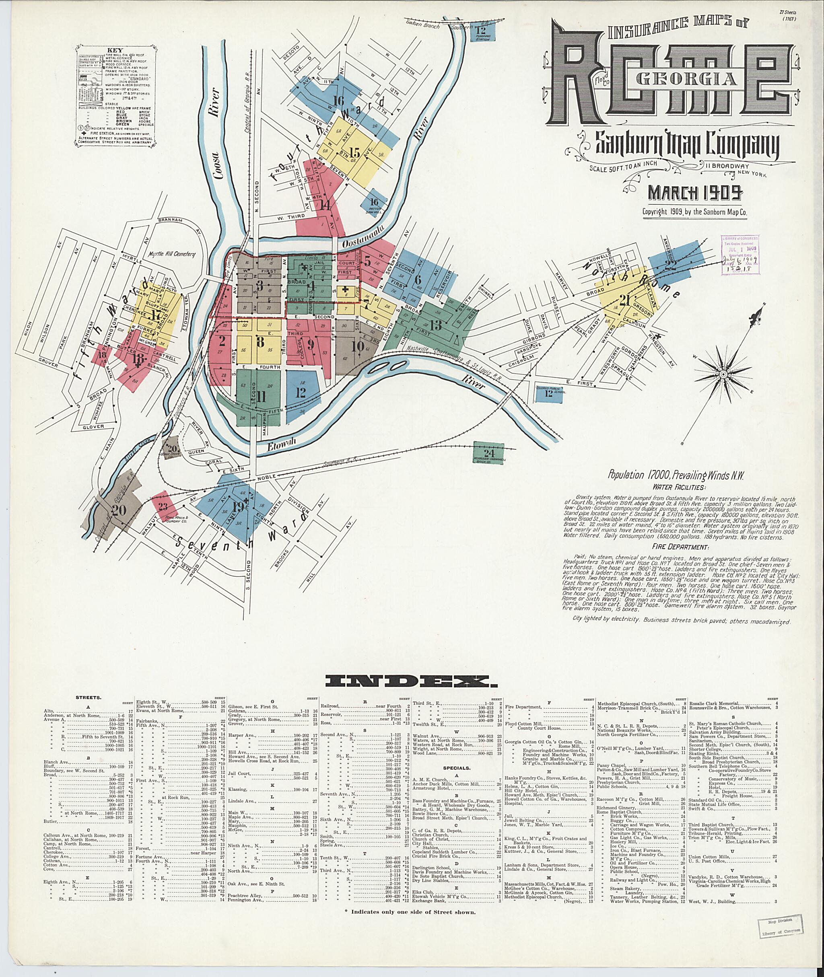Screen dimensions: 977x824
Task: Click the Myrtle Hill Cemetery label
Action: (x=171, y=255)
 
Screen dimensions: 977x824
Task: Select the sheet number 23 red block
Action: (x=163, y=507)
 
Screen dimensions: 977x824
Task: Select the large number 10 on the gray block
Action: (x=358, y=346)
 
